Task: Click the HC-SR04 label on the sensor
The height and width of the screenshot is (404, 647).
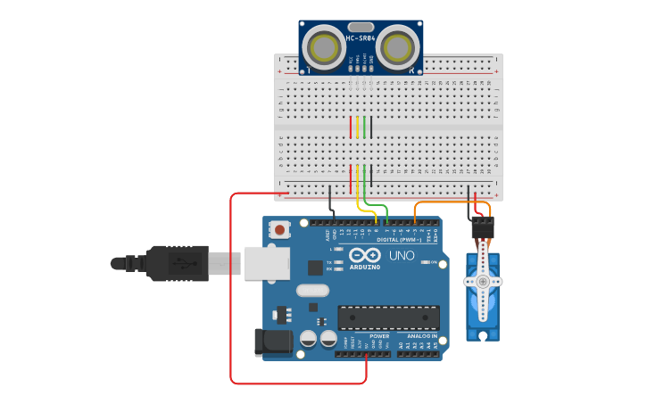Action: point(360,38)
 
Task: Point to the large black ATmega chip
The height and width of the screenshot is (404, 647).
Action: point(388,317)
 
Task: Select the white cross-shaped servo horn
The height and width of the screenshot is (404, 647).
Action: point(483,281)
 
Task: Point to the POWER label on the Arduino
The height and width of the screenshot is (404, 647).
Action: point(367,336)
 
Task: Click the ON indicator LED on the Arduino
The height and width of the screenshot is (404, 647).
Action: point(422,262)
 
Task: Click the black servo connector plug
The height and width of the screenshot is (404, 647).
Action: point(483,229)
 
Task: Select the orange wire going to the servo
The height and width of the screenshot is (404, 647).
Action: point(446,203)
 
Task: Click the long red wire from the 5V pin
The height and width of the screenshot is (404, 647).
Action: point(231,294)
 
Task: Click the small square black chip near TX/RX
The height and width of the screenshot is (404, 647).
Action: point(315,267)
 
